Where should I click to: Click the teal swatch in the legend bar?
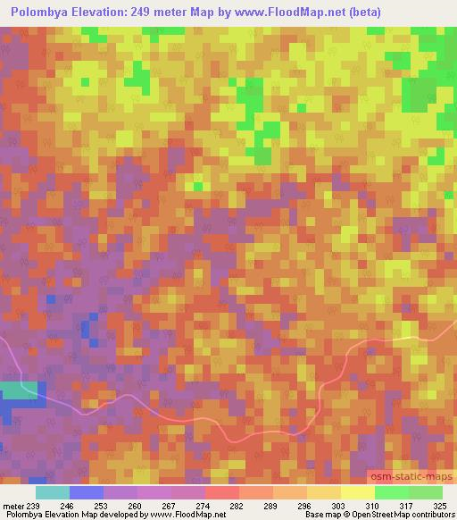[53, 491]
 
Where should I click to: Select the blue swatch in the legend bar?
[87, 491]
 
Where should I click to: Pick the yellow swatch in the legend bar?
[358, 491]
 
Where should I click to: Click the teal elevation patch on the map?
[18, 390]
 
